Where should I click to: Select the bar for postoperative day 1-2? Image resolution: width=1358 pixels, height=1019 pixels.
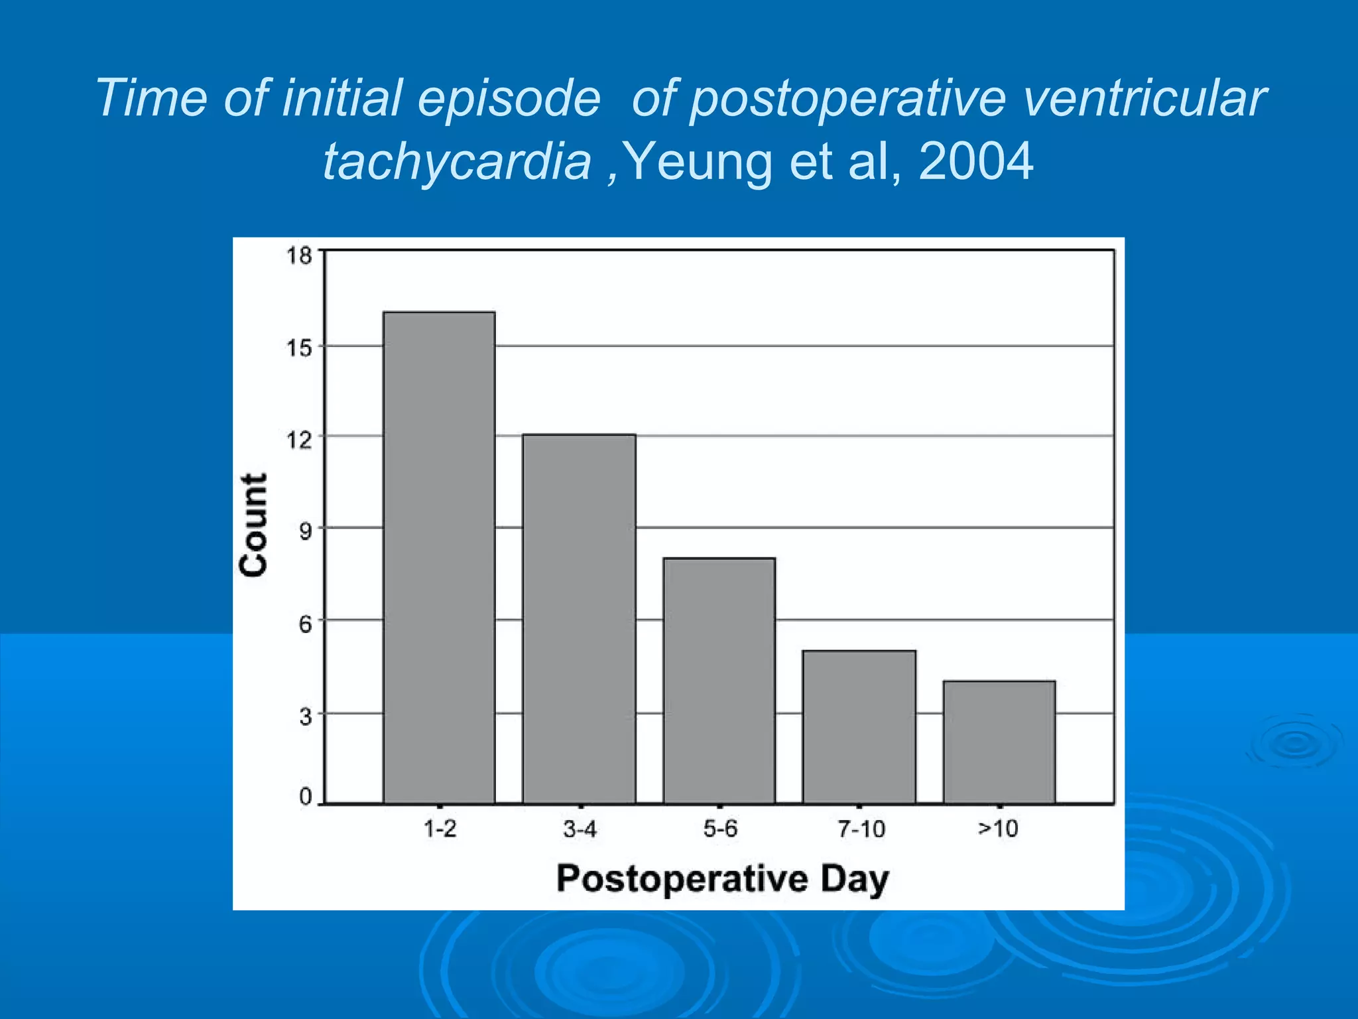(x=439, y=557)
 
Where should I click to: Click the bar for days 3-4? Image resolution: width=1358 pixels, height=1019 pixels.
(x=579, y=618)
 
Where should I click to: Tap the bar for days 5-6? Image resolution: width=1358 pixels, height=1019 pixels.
(x=719, y=680)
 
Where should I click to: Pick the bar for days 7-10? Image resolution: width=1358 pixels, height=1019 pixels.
(x=859, y=726)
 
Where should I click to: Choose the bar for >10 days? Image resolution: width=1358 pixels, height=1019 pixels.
(x=999, y=742)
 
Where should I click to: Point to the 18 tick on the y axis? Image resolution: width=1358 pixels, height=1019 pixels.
(x=299, y=255)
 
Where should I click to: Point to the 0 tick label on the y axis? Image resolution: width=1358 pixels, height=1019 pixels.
(x=305, y=797)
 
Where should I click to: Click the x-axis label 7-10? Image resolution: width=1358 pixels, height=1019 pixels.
(x=861, y=829)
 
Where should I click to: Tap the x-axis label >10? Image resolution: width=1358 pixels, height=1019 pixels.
(x=998, y=829)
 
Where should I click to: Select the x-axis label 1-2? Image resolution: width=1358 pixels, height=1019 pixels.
(x=440, y=829)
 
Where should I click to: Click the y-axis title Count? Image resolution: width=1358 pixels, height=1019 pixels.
(x=254, y=525)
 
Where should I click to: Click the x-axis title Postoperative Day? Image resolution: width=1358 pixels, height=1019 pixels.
(x=723, y=879)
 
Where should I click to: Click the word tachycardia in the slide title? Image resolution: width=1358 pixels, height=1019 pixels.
(x=457, y=161)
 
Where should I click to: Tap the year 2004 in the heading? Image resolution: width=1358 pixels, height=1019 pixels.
(x=975, y=161)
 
